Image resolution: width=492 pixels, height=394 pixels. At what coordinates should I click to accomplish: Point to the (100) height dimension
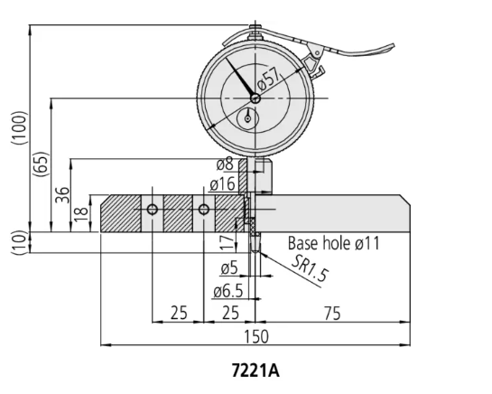19,132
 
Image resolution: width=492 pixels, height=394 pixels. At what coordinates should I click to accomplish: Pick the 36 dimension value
62,196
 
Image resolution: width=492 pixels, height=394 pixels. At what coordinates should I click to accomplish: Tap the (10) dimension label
19,242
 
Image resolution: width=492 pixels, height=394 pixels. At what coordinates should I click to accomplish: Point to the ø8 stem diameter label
225,164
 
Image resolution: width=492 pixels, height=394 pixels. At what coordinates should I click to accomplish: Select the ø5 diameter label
229,269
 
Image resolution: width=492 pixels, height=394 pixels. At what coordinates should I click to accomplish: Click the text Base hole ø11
334,243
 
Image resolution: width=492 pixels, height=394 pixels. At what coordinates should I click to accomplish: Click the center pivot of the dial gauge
255,98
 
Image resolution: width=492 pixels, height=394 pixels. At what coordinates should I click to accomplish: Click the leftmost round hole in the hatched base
153,210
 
